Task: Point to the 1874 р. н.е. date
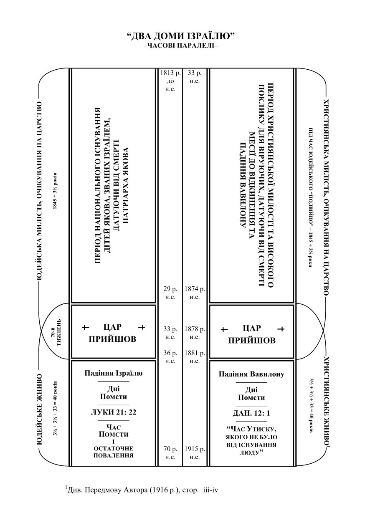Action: point(194,293)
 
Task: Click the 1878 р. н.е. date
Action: point(194,333)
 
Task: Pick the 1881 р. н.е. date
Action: point(194,357)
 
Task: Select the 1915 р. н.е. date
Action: point(194,453)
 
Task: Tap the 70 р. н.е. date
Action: point(170,453)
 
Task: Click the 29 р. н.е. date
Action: point(170,293)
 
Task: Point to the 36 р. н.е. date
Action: point(170,357)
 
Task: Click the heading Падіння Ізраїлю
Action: point(114,373)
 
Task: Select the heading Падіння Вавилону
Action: point(251,374)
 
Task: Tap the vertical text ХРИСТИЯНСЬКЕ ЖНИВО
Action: point(327,402)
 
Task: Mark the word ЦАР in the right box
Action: point(251,328)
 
